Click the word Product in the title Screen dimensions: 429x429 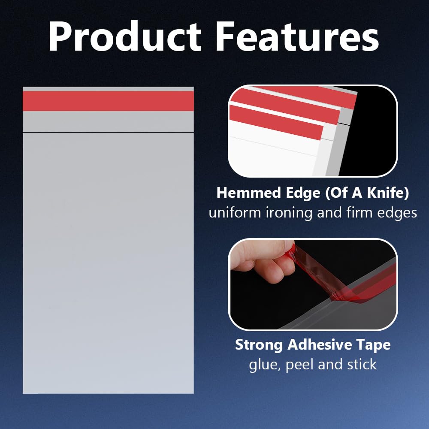click(125, 36)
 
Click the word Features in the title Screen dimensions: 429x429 click(297, 36)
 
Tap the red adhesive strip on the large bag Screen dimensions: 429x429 click(109, 101)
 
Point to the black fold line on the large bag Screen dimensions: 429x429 click(109, 133)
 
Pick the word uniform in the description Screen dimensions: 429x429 click(235, 213)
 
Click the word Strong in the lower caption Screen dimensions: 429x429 click(259, 345)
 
